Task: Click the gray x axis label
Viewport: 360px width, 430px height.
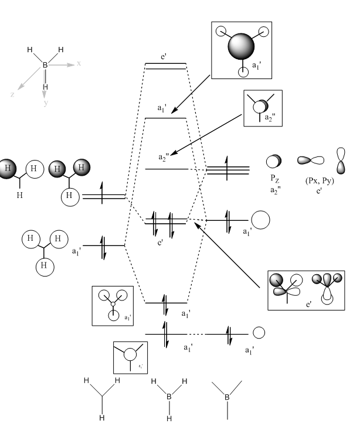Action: (x=79, y=63)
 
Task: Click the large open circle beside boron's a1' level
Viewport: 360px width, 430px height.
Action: (x=261, y=220)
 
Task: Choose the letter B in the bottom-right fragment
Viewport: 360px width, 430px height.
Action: (x=227, y=398)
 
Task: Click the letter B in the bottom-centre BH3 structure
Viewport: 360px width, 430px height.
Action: (x=169, y=398)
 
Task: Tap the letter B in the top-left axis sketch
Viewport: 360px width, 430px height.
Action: (x=45, y=66)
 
